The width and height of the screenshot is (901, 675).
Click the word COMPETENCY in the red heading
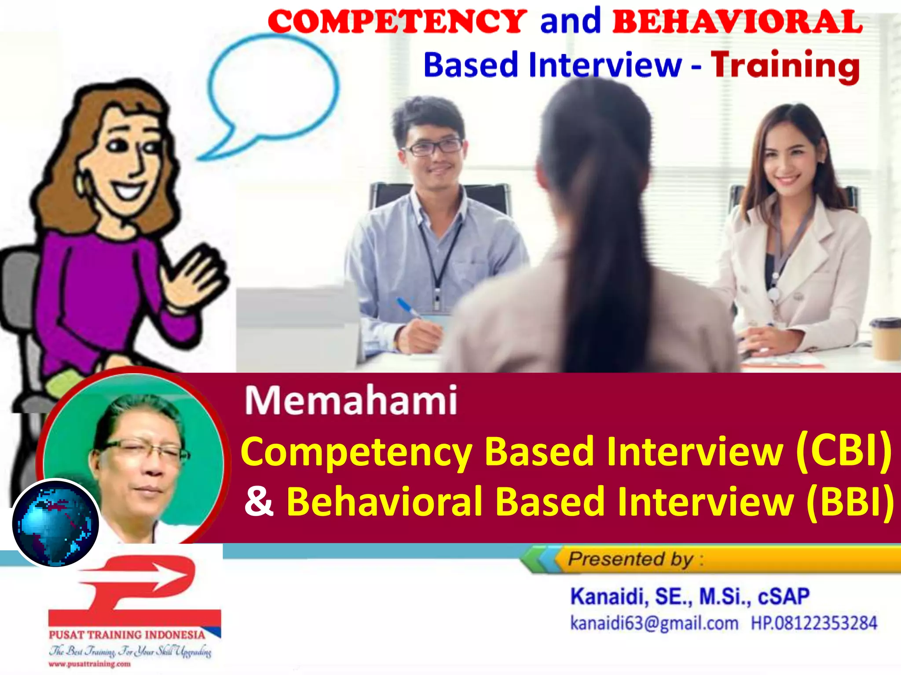[x=397, y=22]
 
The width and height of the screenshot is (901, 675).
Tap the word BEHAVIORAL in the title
[x=737, y=22]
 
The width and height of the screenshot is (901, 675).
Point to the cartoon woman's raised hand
[x=198, y=277]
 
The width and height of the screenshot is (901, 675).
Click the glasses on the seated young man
[x=433, y=147]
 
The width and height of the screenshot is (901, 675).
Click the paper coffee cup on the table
[x=886, y=338]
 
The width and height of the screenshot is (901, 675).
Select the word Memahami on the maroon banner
[x=351, y=400]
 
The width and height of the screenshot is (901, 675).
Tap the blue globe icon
[x=55, y=523]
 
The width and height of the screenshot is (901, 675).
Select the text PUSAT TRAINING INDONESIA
[x=127, y=635]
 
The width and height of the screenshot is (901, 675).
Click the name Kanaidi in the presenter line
[x=607, y=597]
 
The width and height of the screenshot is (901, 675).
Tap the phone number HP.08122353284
[x=813, y=623]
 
